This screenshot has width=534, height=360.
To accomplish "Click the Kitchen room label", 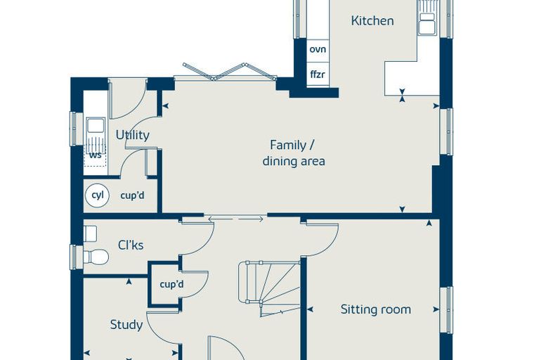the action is point(372,20).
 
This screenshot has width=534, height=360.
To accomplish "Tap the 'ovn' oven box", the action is point(318,50).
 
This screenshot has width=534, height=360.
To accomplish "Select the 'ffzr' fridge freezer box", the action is point(318,75).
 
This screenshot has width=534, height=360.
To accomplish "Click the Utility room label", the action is point(133,135).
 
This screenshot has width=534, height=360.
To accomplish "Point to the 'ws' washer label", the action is point(96,155).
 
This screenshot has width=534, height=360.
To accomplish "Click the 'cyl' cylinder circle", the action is point(98,195).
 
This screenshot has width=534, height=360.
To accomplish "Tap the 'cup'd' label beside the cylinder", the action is point(133,195).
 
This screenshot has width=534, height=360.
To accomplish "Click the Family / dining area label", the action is point(293,153).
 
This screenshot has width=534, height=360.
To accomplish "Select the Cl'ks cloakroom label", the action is point(131,245).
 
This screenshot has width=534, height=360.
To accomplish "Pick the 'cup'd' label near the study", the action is point(171,284).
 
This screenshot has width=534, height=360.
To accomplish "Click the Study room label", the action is point(126,325).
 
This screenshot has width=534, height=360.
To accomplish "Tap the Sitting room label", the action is point(376,309).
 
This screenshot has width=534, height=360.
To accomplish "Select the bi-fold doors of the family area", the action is point(229,72).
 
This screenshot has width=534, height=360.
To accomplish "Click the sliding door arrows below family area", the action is point(235,219).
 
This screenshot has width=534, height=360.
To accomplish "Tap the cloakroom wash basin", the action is point(90,233).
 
